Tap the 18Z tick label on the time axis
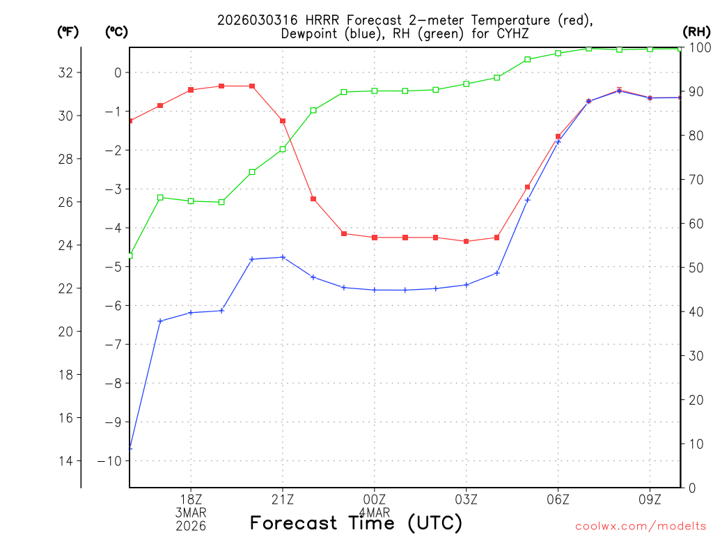pos(191,499)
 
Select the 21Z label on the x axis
pos(283,499)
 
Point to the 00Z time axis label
pos(375,499)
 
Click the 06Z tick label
pos(558,499)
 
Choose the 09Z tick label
pos(650,499)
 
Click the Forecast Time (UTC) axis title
pos(356,522)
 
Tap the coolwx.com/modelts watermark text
pos(641,525)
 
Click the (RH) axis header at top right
pos(696,31)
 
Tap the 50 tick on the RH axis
pos(695,267)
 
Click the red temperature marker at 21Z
pos(283,121)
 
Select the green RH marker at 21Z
pos(283,149)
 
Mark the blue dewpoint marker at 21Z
pos(283,257)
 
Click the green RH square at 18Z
pos(191,201)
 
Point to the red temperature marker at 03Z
pos(467,241)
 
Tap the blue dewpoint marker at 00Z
pos(375,290)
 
